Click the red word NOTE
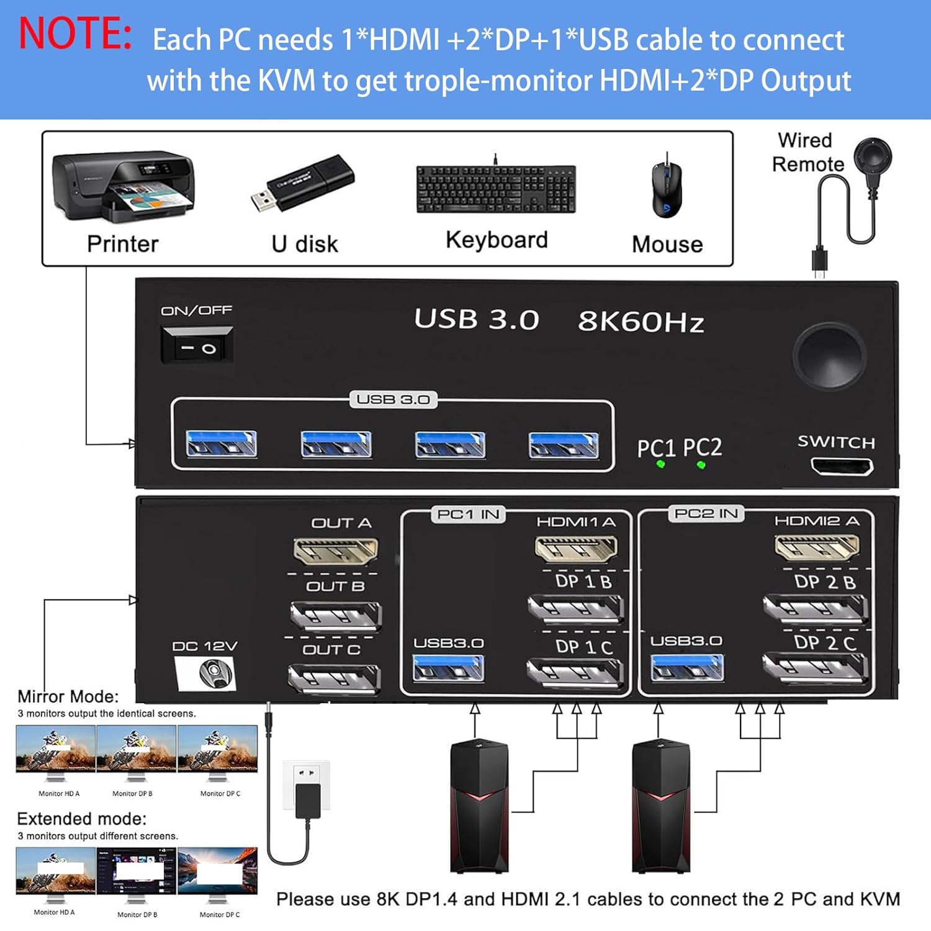(x=75, y=34)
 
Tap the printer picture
(x=124, y=186)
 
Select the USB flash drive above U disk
(x=303, y=183)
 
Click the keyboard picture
(x=496, y=189)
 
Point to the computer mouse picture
(x=667, y=189)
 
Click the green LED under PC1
(x=660, y=464)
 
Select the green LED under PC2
(x=701, y=464)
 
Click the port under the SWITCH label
(x=842, y=466)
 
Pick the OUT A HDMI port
(x=335, y=551)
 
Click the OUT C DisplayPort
(x=334, y=678)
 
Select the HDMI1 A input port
(x=576, y=548)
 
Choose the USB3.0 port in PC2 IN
(x=686, y=668)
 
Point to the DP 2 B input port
(x=814, y=608)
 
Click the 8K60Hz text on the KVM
(x=641, y=322)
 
